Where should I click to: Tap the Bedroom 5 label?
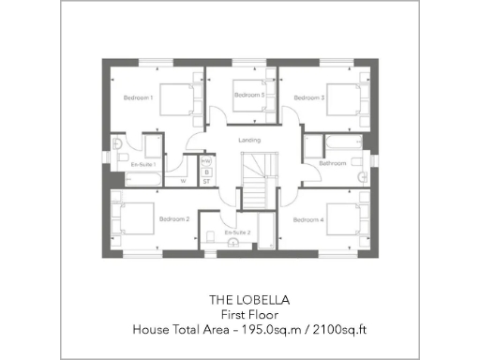[x=248, y=96]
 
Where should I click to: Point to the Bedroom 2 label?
[x=174, y=219]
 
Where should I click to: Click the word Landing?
[x=249, y=141]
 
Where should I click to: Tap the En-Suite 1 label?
[x=142, y=164]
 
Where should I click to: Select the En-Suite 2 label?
[x=237, y=231]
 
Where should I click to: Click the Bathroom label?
[x=333, y=163]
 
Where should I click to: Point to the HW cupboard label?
[x=206, y=161]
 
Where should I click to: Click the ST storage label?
[x=206, y=181]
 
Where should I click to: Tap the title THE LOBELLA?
[x=249, y=300]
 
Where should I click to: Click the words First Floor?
[x=249, y=315]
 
